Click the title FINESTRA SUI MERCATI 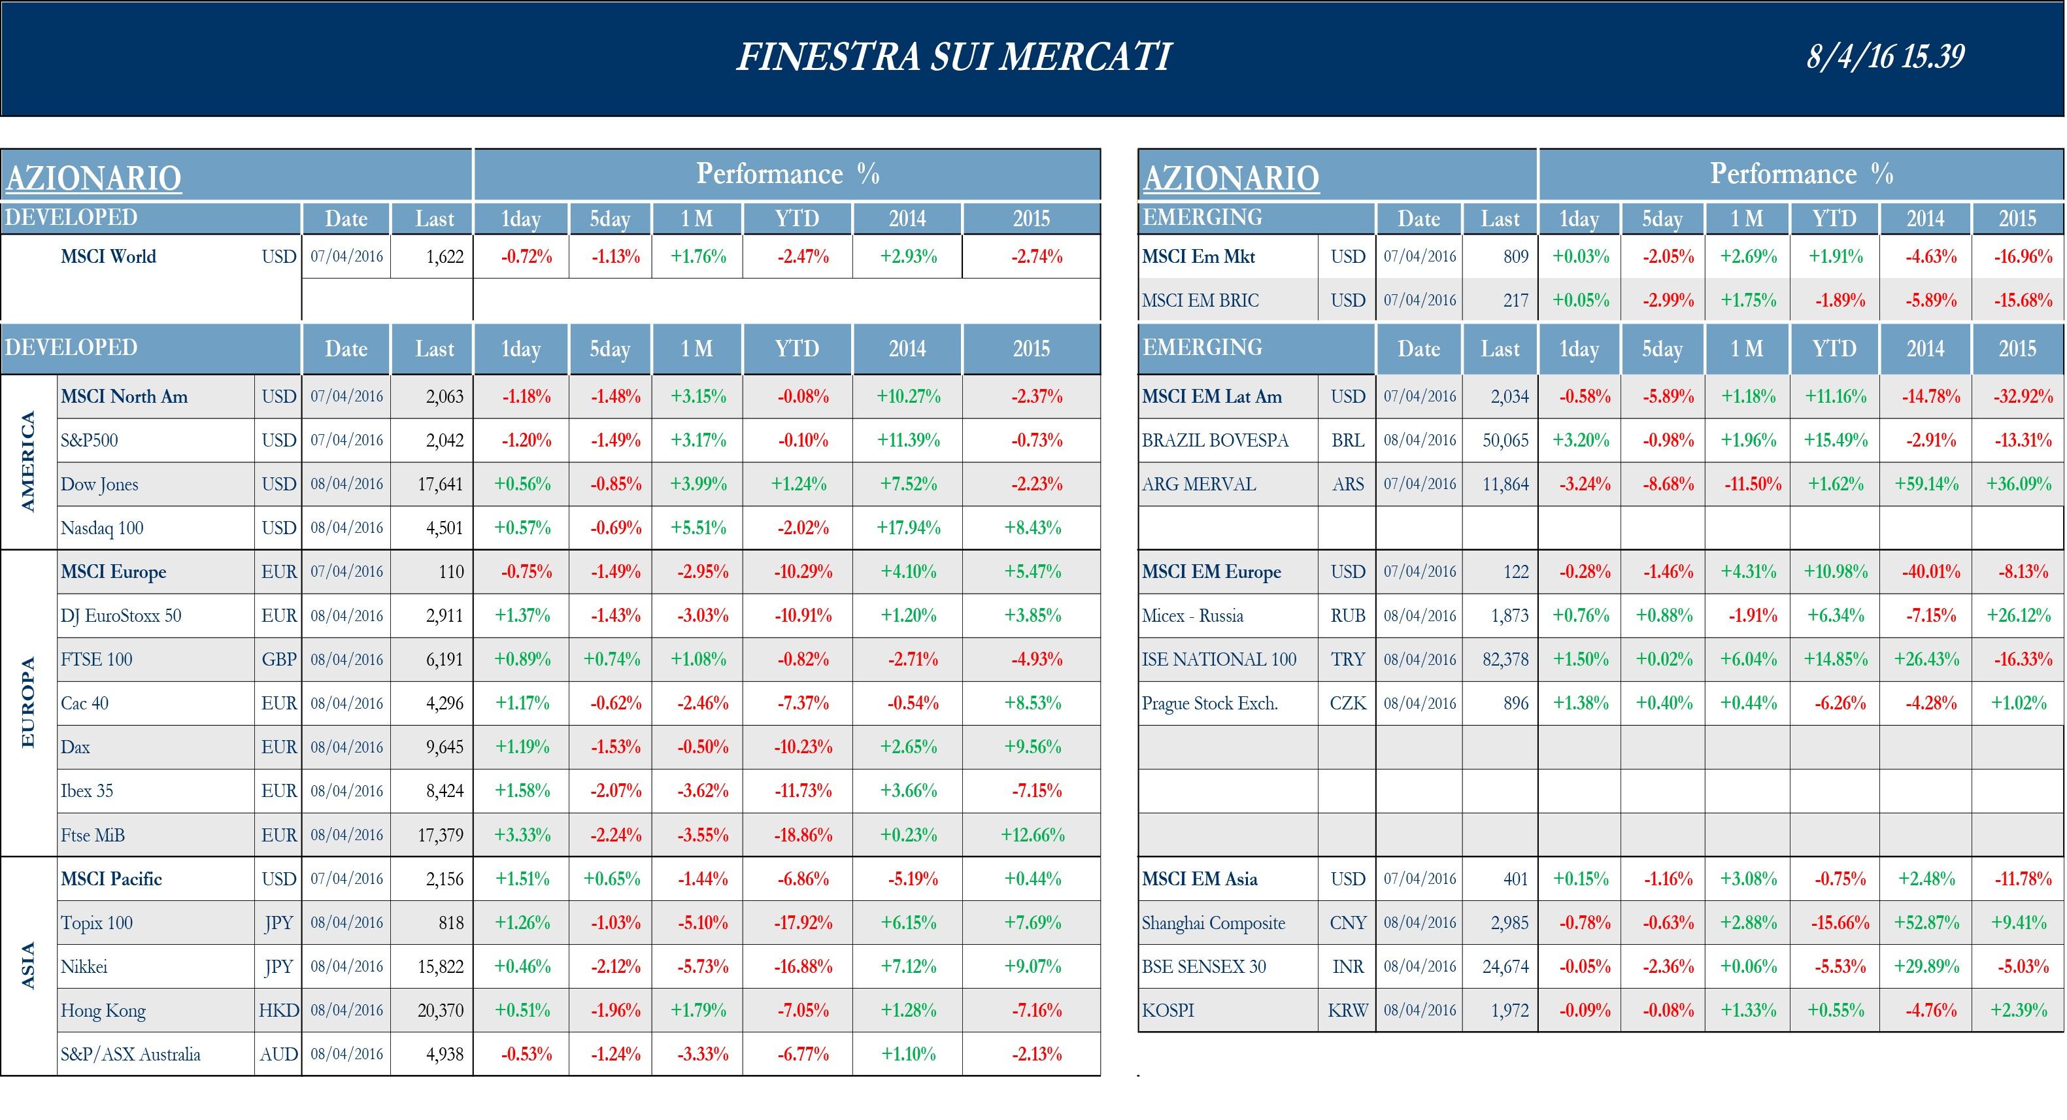pyautogui.click(x=953, y=57)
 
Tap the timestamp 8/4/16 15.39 pyautogui.click(x=1885, y=56)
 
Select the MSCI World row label pyautogui.click(x=109, y=257)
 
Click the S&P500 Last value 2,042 pyautogui.click(x=445, y=441)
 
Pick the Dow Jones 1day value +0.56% pyautogui.click(x=522, y=484)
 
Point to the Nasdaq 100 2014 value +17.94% pyautogui.click(x=909, y=528)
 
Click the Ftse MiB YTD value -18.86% pyautogui.click(x=802, y=835)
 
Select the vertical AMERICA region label pyautogui.click(x=28, y=462)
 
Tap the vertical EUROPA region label pyautogui.click(x=28, y=703)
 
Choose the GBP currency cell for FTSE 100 pyautogui.click(x=278, y=660)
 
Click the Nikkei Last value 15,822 pyautogui.click(x=440, y=967)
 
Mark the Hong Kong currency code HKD pyautogui.click(x=278, y=1011)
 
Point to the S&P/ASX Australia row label pyautogui.click(x=131, y=1054)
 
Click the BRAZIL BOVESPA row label pyautogui.click(x=1215, y=441)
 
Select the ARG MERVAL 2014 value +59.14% pyautogui.click(x=1926, y=484)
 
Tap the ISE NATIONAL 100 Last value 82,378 pyautogui.click(x=1505, y=660)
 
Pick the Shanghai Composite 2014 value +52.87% pyautogui.click(x=1926, y=923)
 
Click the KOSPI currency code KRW pyautogui.click(x=1347, y=1011)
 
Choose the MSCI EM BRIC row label pyautogui.click(x=1200, y=301)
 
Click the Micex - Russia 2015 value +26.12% pyautogui.click(x=2018, y=616)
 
